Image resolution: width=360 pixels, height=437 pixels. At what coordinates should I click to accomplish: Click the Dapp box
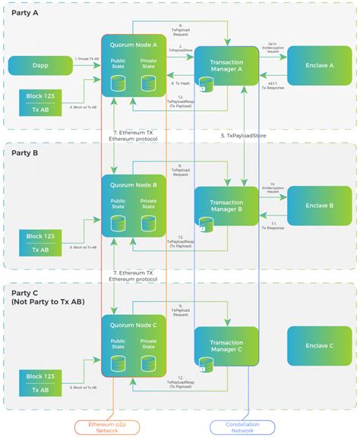(40, 65)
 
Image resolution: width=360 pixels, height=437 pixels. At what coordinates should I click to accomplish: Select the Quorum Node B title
(133, 184)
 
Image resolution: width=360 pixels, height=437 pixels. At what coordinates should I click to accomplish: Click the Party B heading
(26, 152)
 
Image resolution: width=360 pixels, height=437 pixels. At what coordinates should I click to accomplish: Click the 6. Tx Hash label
(180, 83)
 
